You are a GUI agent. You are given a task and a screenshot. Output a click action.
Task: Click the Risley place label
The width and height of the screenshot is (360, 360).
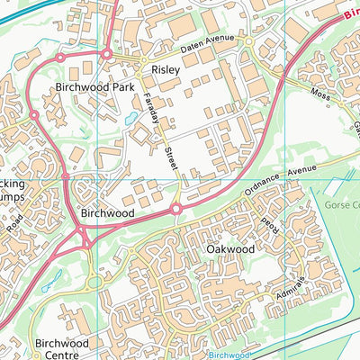165,68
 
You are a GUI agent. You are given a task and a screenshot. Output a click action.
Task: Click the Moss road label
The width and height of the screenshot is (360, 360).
319,94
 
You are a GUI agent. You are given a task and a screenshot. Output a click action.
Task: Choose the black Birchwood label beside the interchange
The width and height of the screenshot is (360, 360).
107,213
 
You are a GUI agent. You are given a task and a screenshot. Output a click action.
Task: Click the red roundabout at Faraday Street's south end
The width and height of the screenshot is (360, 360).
176,209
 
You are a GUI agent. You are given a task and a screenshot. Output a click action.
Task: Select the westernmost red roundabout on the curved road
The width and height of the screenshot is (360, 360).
34,115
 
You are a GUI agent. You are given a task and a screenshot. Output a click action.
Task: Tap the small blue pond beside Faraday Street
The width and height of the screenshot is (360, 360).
132,118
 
